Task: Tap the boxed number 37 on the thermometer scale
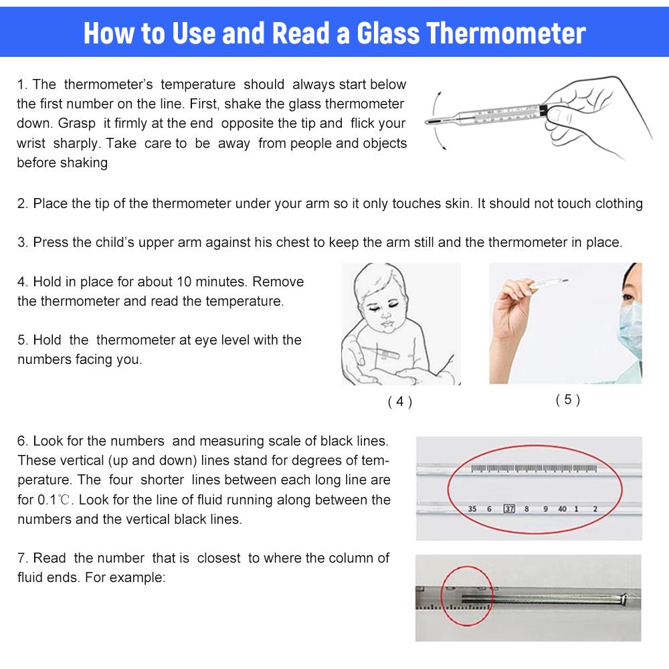pos(509,508)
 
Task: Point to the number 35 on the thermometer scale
pos(472,508)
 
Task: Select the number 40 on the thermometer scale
pos(563,508)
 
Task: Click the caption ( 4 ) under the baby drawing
pos(400,401)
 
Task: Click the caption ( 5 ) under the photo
pos(567,399)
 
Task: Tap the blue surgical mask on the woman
pos(630,328)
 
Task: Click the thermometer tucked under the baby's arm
pos(380,353)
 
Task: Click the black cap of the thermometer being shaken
pos(543,110)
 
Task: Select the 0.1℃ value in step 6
pos(54,500)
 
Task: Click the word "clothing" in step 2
pos(619,203)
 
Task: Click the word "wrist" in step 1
pos(31,143)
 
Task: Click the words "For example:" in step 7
pos(125,577)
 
